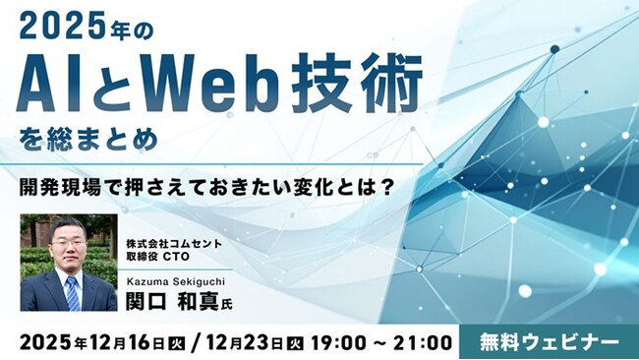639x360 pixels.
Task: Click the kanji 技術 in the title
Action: pyautogui.click(x=368, y=84)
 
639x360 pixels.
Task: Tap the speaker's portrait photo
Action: pyautogui.click(x=69, y=263)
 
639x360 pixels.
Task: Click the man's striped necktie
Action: pyautogui.click(x=72, y=293)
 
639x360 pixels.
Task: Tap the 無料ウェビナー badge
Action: pyautogui.click(x=550, y=341)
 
